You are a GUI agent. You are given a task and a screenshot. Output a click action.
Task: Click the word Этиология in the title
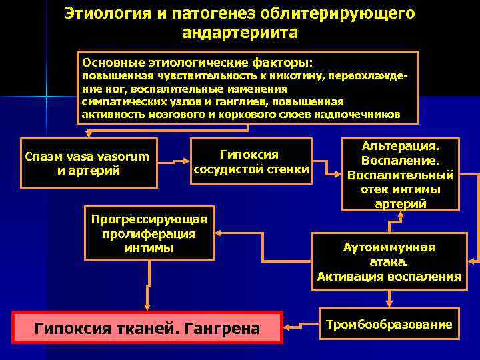pos(106,13)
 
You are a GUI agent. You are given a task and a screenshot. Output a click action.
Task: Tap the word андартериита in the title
pos(239,33)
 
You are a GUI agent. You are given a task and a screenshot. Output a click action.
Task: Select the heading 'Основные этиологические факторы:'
pos(197,63)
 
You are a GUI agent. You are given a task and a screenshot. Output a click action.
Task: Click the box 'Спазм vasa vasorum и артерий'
pos(89,163)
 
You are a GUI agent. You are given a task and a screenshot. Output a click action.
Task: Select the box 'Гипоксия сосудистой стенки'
pos(251,162)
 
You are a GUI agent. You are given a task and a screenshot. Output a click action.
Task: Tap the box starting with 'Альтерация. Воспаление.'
pos(400,174)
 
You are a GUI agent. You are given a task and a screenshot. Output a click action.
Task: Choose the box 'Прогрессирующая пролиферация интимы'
pos(149,233)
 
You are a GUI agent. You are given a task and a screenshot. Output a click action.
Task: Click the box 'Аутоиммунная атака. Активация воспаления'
pos(389,262)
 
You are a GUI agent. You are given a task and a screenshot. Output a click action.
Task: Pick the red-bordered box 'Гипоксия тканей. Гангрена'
pos(148,327)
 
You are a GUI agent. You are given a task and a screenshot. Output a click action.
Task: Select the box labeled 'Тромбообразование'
pos(389,325)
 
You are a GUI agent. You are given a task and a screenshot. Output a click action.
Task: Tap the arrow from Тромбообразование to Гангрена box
pos(301,326)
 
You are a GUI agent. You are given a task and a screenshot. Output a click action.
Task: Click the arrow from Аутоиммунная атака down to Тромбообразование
pos(389,298)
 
